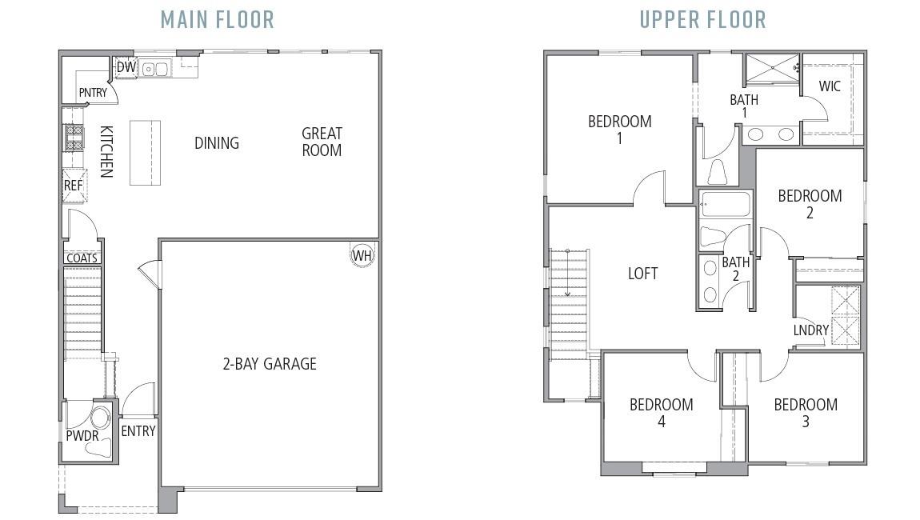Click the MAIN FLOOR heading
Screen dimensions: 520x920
(217, 19)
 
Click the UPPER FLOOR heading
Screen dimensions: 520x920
(702, 19)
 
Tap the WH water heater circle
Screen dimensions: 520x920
(362, 256)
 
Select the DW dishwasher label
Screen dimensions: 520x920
(126, 67)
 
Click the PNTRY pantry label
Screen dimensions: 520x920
(93, 93)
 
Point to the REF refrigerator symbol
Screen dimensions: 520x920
(74, 185)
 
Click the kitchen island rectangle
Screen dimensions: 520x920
(145, 153)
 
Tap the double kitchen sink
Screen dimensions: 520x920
(155, 70)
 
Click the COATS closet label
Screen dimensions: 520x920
(82, 258)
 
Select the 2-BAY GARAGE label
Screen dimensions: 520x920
(269, 364)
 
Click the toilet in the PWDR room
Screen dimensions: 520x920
(100, 418)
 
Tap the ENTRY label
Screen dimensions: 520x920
(138, 431)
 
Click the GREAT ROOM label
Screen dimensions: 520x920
(322, 142)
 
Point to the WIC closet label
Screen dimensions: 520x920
(830, 86)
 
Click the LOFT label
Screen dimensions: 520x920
(642, 274)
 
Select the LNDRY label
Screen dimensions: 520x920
(810, 330)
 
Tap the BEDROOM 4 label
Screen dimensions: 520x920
(661, 413)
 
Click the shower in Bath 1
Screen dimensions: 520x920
(772, 69)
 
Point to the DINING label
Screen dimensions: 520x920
(217, 143)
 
